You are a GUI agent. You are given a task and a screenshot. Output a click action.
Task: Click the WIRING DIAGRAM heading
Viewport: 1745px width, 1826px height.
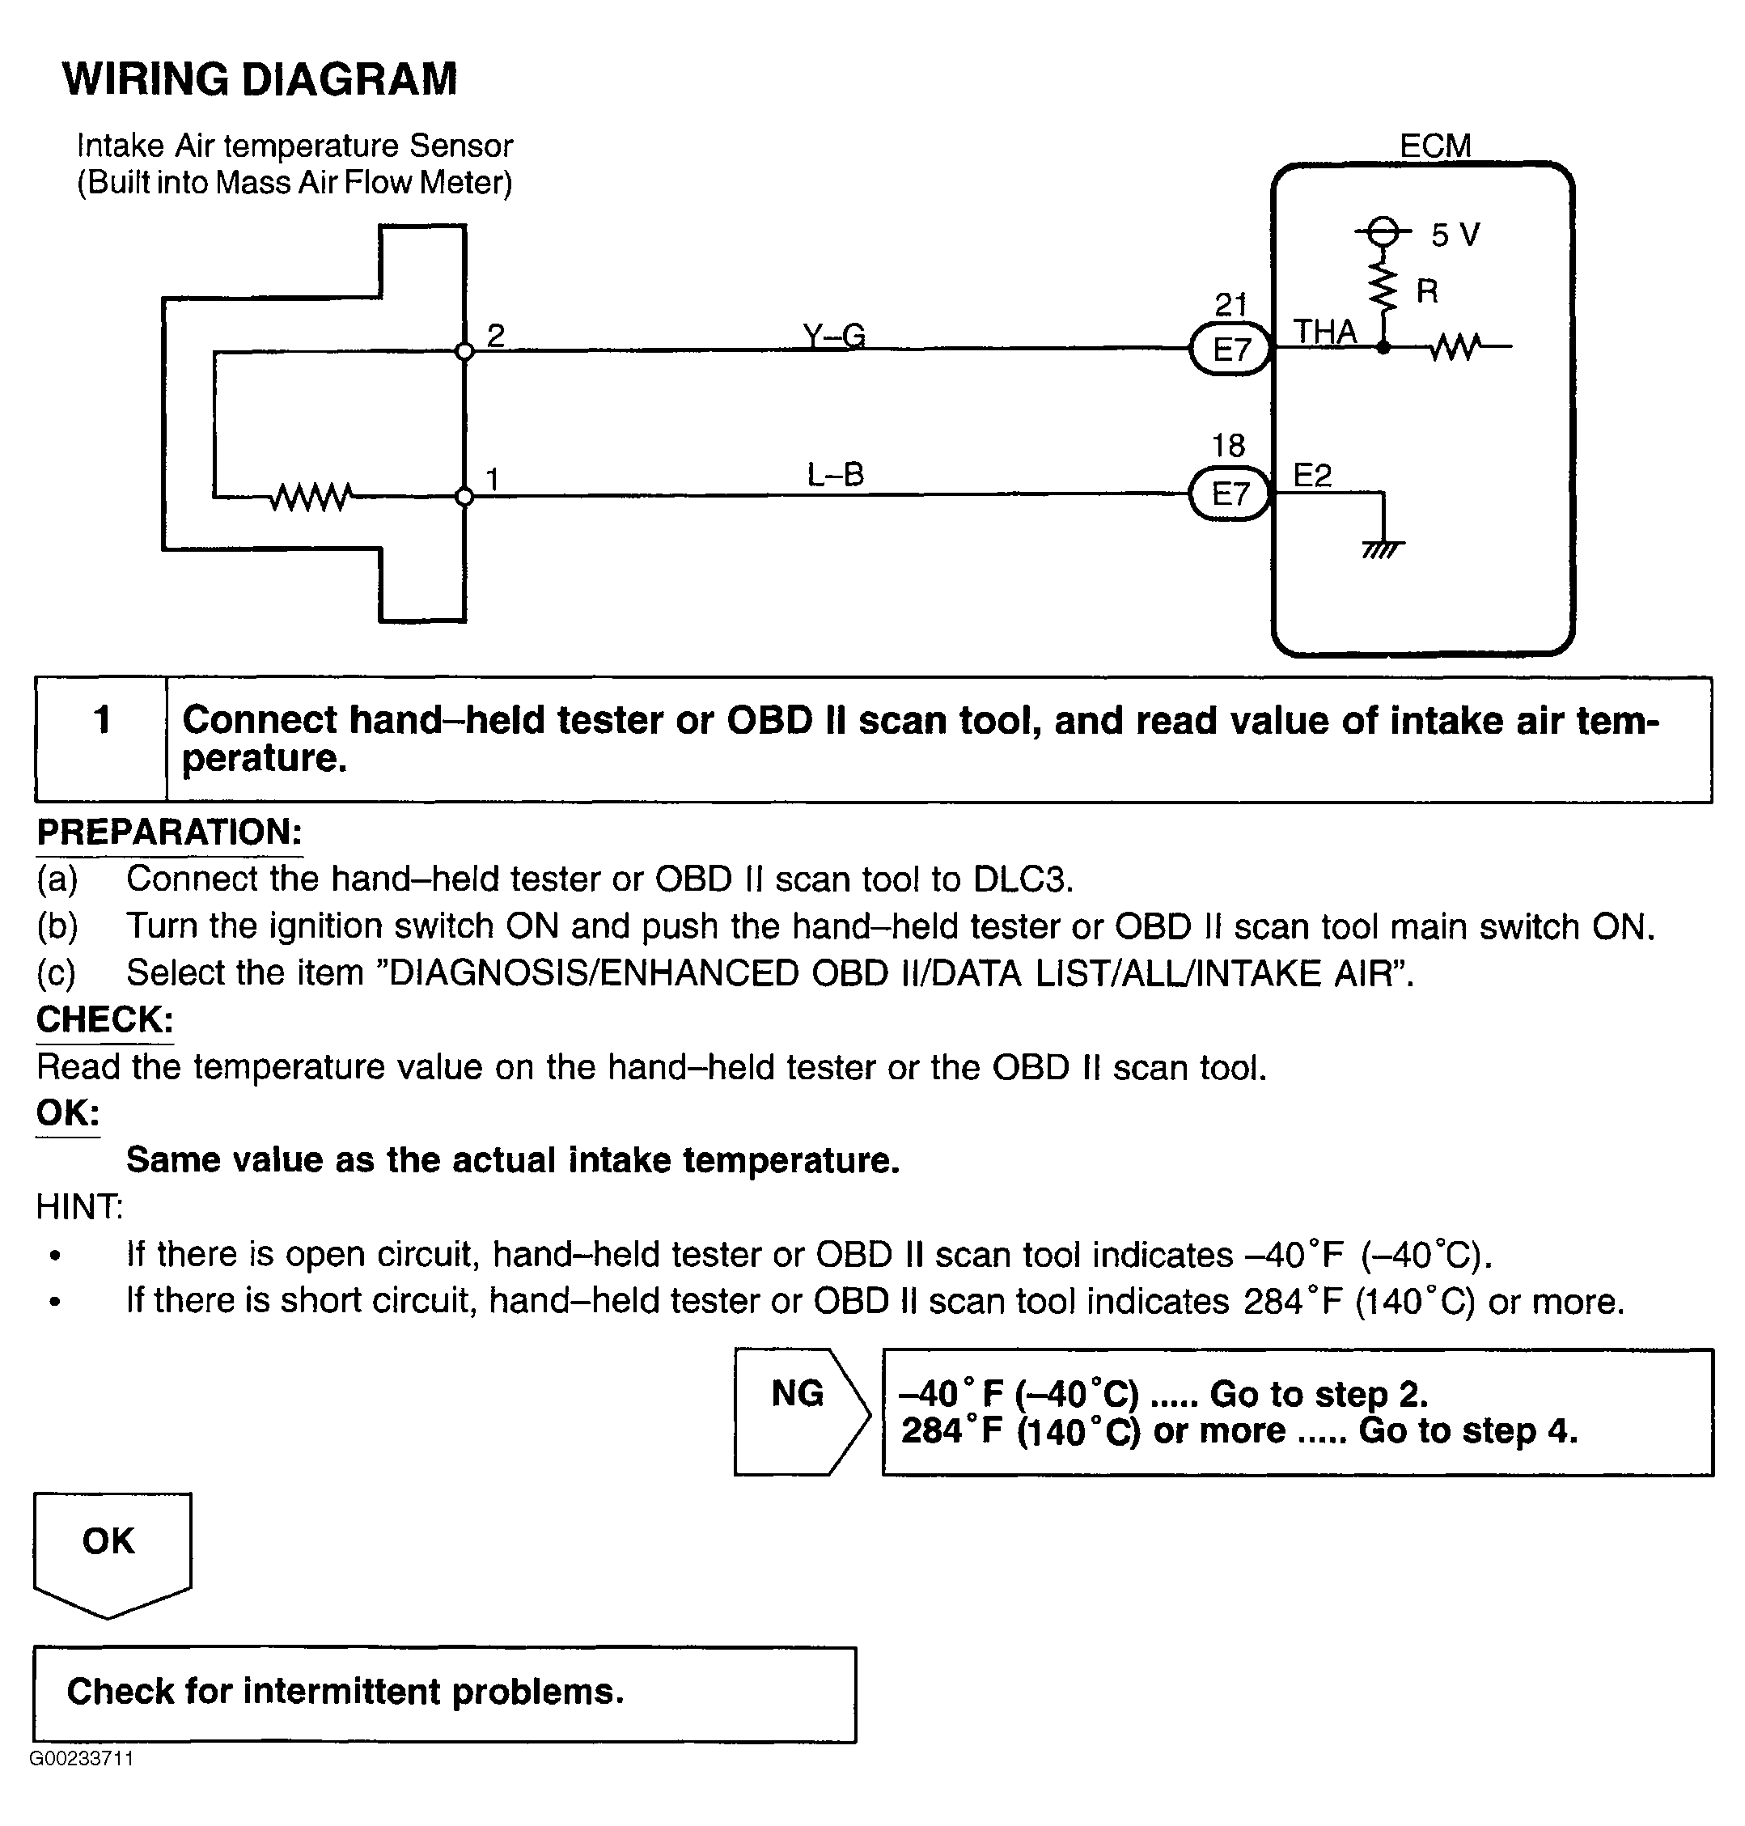pos(260,79)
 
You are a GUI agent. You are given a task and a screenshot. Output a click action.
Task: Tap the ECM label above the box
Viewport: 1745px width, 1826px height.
pos(1434,146)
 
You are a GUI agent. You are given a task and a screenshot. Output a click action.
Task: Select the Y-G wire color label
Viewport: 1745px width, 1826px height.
pos(834,335)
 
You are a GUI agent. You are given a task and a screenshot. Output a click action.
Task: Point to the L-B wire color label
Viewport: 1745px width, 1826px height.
pos(836,476)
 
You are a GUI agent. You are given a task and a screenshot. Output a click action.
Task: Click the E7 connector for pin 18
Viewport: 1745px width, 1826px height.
pos(1230,493)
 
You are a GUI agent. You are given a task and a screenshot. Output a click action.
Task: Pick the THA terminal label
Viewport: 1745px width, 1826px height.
pos(1324,332)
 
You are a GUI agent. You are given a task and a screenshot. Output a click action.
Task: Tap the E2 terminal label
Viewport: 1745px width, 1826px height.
pos(1312,477)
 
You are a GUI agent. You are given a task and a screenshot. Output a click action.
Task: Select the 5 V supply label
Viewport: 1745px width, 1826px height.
pos(1455,235)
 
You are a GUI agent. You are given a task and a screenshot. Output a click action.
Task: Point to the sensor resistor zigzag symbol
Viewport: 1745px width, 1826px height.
pos(311,498)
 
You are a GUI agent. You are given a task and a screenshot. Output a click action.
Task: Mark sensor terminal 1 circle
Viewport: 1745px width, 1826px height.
pos(465,497)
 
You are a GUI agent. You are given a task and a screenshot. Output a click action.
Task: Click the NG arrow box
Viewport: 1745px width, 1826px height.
pos(800,1411)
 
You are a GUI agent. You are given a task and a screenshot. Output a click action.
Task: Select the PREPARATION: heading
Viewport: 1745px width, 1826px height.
pos(169,832)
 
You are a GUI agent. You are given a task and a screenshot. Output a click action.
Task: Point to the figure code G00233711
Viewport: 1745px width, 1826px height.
pos(82,1758)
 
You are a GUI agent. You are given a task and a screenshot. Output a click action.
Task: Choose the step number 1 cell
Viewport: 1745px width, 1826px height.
pos(101,720)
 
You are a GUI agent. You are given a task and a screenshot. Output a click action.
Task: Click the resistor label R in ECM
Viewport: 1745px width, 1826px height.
pos(1427,292)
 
